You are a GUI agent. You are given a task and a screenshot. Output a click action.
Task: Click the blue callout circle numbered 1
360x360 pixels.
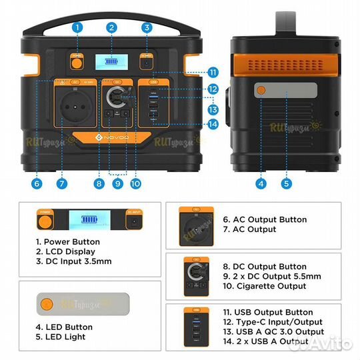coord(78,27)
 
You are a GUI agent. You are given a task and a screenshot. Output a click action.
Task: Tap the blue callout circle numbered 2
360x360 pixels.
coord(112,27)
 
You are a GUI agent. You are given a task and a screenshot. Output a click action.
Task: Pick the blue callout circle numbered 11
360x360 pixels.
coord(213,72)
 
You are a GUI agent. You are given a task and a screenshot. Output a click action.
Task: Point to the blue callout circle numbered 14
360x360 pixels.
coord(213,123)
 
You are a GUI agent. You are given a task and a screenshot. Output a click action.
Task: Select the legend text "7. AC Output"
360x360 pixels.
coord(249,229)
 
